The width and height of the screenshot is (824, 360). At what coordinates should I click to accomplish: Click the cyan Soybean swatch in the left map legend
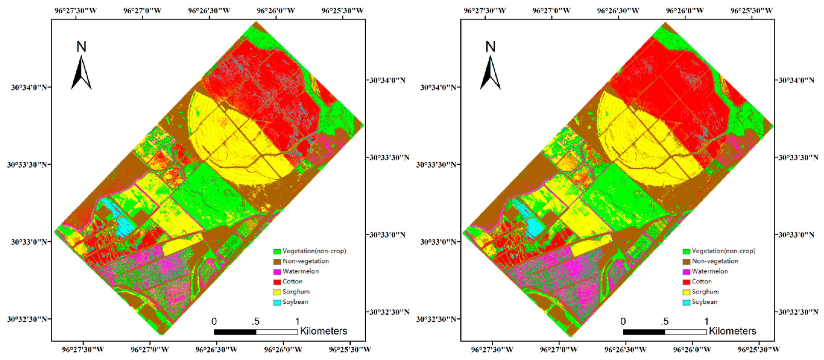(277, 302)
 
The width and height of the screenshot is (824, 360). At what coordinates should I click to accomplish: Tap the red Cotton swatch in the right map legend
(686, 282)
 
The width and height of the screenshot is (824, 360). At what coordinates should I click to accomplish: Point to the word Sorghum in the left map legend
(296, 292)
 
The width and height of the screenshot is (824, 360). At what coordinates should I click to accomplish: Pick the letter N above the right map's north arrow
(490, 47)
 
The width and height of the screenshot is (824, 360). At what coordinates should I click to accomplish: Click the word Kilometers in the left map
(323, 331)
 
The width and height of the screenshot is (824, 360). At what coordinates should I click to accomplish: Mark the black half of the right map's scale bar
(644, 332)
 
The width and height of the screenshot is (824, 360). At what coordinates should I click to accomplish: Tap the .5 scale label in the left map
(255, 321)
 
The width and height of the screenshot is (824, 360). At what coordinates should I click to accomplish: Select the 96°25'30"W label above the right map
(751, 11)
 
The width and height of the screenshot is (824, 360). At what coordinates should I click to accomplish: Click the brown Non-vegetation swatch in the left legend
(277, 261)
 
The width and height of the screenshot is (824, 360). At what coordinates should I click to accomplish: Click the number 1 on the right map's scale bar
(706, 321)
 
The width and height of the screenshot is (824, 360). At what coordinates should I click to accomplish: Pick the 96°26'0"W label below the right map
(692, 349)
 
